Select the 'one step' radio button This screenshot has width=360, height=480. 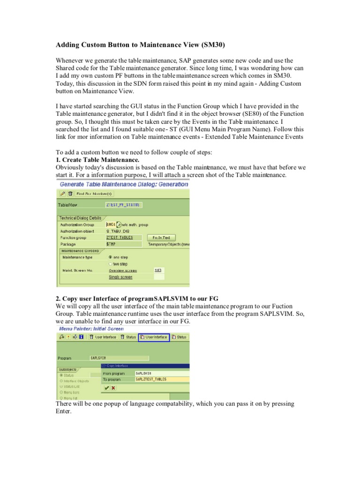110,257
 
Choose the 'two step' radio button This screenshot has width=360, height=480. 110,264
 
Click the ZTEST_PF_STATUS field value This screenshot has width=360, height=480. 123,205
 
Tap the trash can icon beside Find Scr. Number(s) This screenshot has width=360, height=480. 70,193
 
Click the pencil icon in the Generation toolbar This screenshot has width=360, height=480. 62,193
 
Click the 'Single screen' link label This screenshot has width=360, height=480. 120,277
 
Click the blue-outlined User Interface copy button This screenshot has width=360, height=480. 154,337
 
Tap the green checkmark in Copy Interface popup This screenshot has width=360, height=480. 107,388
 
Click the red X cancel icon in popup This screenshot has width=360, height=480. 113,388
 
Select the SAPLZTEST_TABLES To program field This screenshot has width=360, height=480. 162,379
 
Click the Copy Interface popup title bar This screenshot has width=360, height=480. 145,366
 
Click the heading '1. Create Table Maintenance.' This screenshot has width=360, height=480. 97,160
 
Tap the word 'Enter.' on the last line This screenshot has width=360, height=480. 64,411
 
